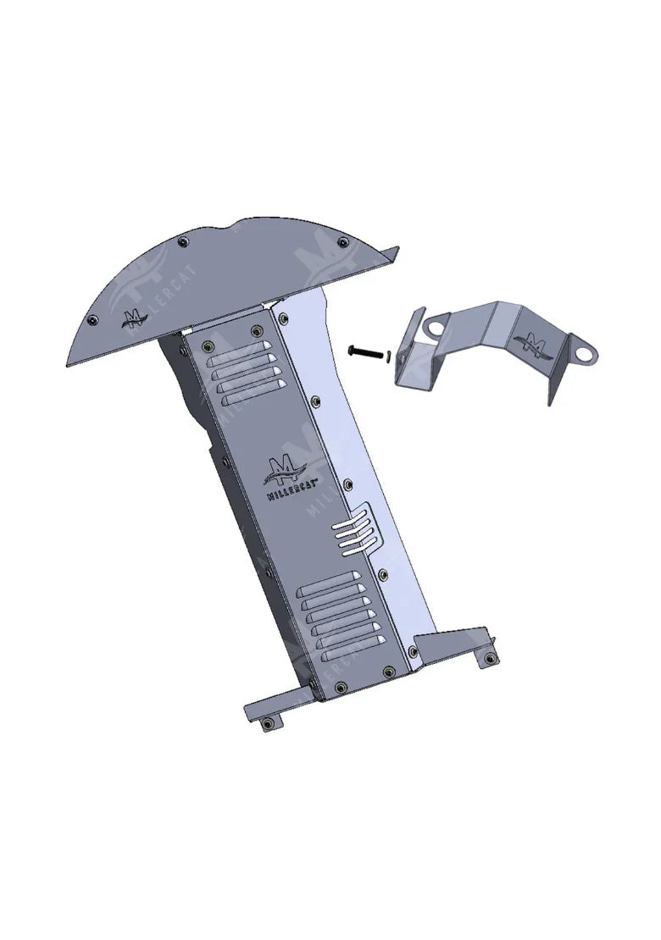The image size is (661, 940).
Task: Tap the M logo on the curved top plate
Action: (133, 319)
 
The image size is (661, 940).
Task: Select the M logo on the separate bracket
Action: (535, 343)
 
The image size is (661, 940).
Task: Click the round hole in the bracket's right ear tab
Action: (584, 348)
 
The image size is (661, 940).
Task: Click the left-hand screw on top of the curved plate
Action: (181, 241)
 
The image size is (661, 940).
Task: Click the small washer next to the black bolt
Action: (386, 356)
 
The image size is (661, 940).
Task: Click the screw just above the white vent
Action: (347, 483)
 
